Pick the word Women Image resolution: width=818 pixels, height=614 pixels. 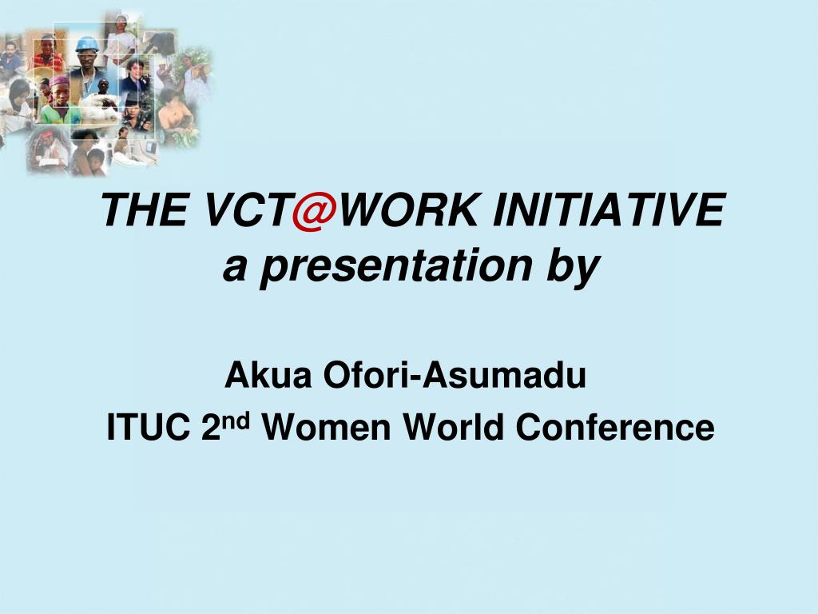(x=327, y=428)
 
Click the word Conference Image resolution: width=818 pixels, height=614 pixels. (x=614, y=428)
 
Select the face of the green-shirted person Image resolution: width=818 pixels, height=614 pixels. (x=61, y=94)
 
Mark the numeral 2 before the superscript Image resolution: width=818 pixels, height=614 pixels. (x=210, y=428)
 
